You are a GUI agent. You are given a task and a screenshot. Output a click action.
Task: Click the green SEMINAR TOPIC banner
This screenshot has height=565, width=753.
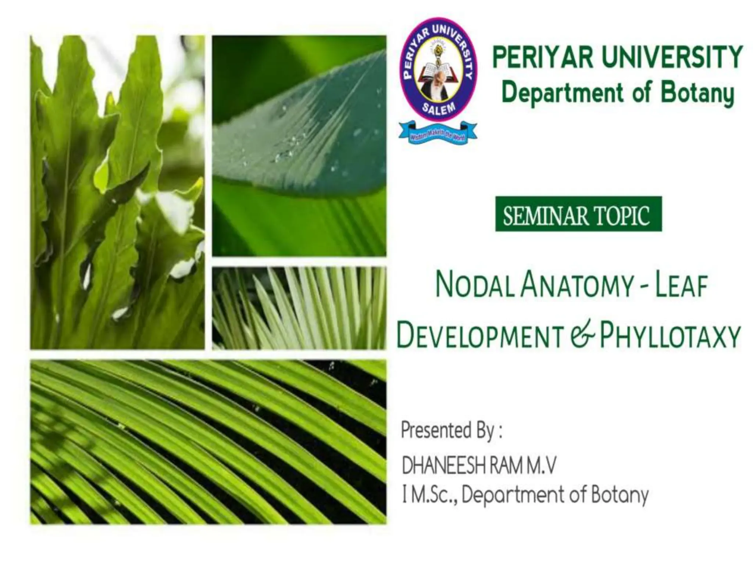pyautogui.click(x=578, y=214)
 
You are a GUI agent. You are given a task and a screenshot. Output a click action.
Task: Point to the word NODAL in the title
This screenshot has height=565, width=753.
pyautogui.click(x=474, y=287)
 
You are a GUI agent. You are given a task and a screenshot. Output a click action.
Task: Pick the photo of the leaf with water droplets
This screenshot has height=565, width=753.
pyautogui.click(x=299, y=146)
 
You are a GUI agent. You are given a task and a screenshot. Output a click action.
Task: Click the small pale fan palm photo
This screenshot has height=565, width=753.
pyautogui.click(x=299, y=308)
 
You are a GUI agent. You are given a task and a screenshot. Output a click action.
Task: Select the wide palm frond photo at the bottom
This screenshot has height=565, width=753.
pyautogui.click(x=208, y=442)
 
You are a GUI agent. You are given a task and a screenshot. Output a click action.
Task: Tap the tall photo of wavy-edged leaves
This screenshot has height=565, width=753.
pyautogui.click(x=117, y=192)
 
